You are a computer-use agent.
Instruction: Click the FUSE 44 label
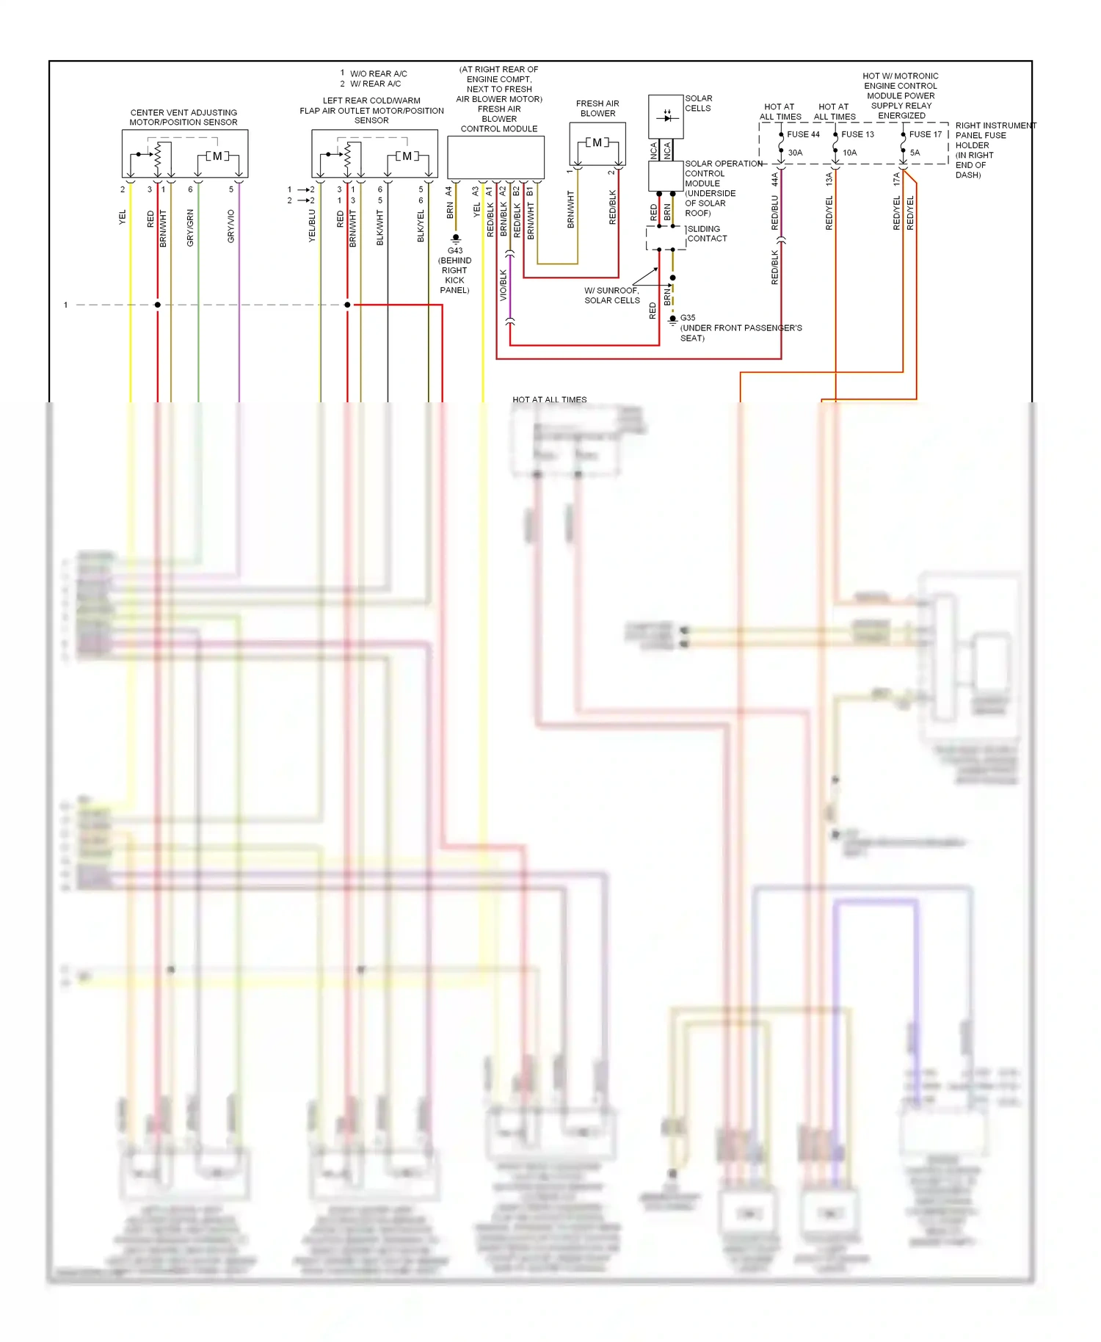pos(803,134)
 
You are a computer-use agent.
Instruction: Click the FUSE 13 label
pos(857,134)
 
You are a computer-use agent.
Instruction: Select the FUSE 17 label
pos(925,134)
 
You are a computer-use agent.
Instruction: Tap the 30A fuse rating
pos(795,153)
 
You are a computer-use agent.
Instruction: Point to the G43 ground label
pos(455,251)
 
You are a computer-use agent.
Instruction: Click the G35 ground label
pos(688,318)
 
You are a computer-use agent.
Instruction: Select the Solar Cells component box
pos(666,116)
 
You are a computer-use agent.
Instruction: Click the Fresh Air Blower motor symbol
pos(597,143)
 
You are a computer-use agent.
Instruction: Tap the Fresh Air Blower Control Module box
pos(495,157)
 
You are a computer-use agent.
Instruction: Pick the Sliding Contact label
pos(707,233)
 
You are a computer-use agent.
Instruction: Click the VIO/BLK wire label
pos(504,284)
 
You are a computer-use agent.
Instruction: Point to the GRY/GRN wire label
pos(191,228)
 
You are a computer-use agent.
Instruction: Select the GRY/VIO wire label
pos(231,226)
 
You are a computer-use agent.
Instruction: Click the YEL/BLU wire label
pos(313,226)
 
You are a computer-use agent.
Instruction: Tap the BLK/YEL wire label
pos(421,226)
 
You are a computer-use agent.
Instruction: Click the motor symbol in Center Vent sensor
pos(217,156)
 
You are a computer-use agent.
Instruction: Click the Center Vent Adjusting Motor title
pos(183,117)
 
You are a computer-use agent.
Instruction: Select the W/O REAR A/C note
pos(378,73)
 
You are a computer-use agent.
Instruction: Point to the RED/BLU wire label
pos(775,213)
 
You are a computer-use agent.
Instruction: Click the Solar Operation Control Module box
pos(666,176)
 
